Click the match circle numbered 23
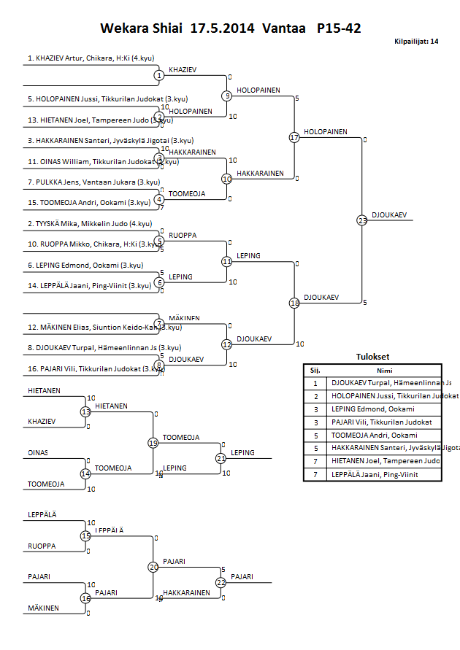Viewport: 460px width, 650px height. [x=362, y=220]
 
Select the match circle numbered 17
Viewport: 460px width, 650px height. [x=294, y=137]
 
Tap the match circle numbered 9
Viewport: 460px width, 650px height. [x=227, y=96]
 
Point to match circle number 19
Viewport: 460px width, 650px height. [x=153, y=442]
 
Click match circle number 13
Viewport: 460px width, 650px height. [x=86, y=411]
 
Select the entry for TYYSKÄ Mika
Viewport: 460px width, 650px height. [x=89, y=223]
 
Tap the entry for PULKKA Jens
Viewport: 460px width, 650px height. [x=93, y=182]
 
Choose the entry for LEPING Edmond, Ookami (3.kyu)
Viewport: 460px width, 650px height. [x=93, y=265]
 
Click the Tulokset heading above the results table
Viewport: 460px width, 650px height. [x=372, y=357]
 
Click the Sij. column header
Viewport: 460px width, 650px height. [x=315, y=370]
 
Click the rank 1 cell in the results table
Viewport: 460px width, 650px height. [x=315, y=382]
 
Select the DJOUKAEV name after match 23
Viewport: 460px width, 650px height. [x=389, y=215]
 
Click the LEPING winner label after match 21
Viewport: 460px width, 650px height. [x=242, y=453]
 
